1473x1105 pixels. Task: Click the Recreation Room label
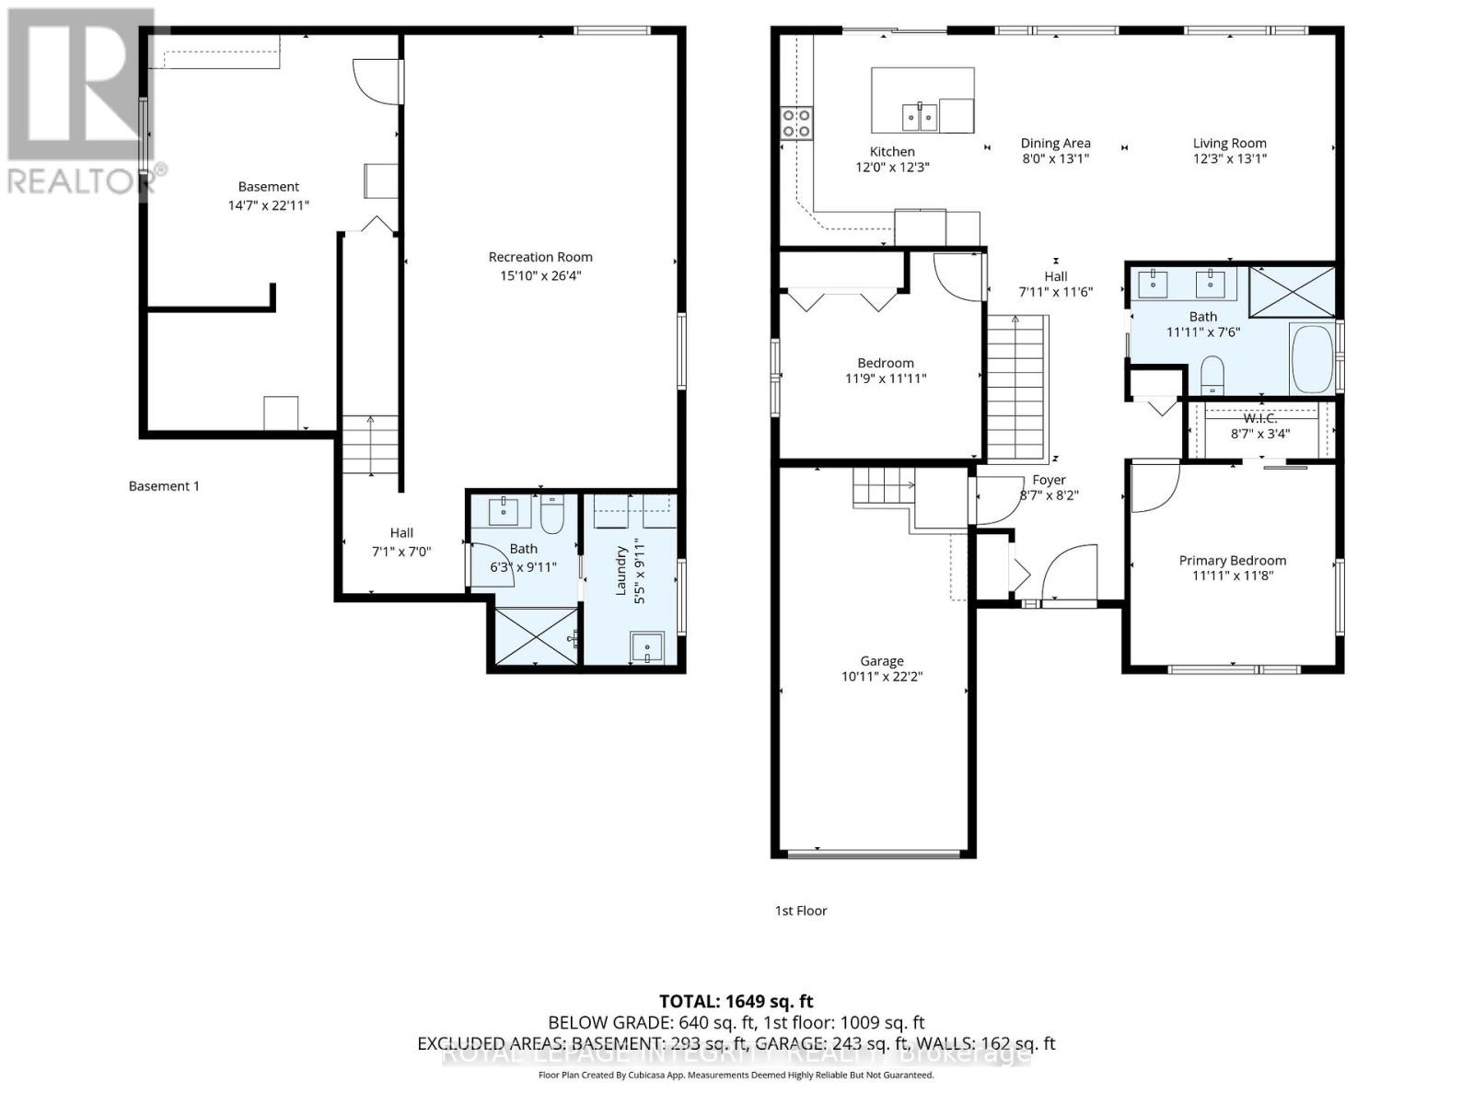[x=540, y=257]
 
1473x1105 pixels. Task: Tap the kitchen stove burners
[x=796, y=123]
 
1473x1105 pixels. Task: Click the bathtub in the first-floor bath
[x=1313, y=359]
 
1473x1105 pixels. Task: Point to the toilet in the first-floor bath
[x=1212, y=375]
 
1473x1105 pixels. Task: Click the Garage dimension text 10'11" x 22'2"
[x=881, y=677]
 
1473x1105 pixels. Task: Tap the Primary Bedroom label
[x=1233, y=560]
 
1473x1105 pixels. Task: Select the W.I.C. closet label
[x=1260, y=418]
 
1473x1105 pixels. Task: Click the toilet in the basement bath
[x=551, y=515]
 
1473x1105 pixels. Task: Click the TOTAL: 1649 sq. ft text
[x=736, y=1001]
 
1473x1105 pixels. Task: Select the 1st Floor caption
[x=801, y=911]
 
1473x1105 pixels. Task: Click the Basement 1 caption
[x=164, y=486]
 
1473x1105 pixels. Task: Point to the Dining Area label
[x=1055, y=143]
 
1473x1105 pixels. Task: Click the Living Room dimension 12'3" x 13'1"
[x=1230, y=158]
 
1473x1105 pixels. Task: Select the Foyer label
[x=1049, y=480]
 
